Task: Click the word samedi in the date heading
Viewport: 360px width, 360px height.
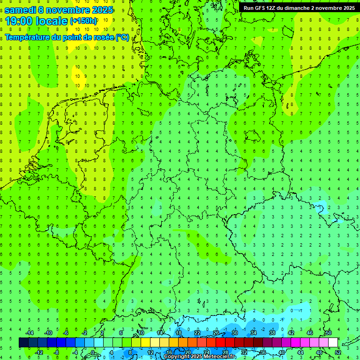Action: (21, 10)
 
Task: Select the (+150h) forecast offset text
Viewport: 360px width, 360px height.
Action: (83, 21)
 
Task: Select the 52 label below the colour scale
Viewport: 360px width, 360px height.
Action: (338, 352)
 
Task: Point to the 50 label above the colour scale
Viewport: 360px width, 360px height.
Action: (328, 333)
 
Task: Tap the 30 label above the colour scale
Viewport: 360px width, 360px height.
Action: (234, 333)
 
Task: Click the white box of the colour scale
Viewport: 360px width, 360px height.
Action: (333, 343)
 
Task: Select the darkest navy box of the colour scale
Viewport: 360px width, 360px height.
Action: (23, 343)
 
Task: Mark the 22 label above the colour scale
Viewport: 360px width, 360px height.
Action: (197, 333)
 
